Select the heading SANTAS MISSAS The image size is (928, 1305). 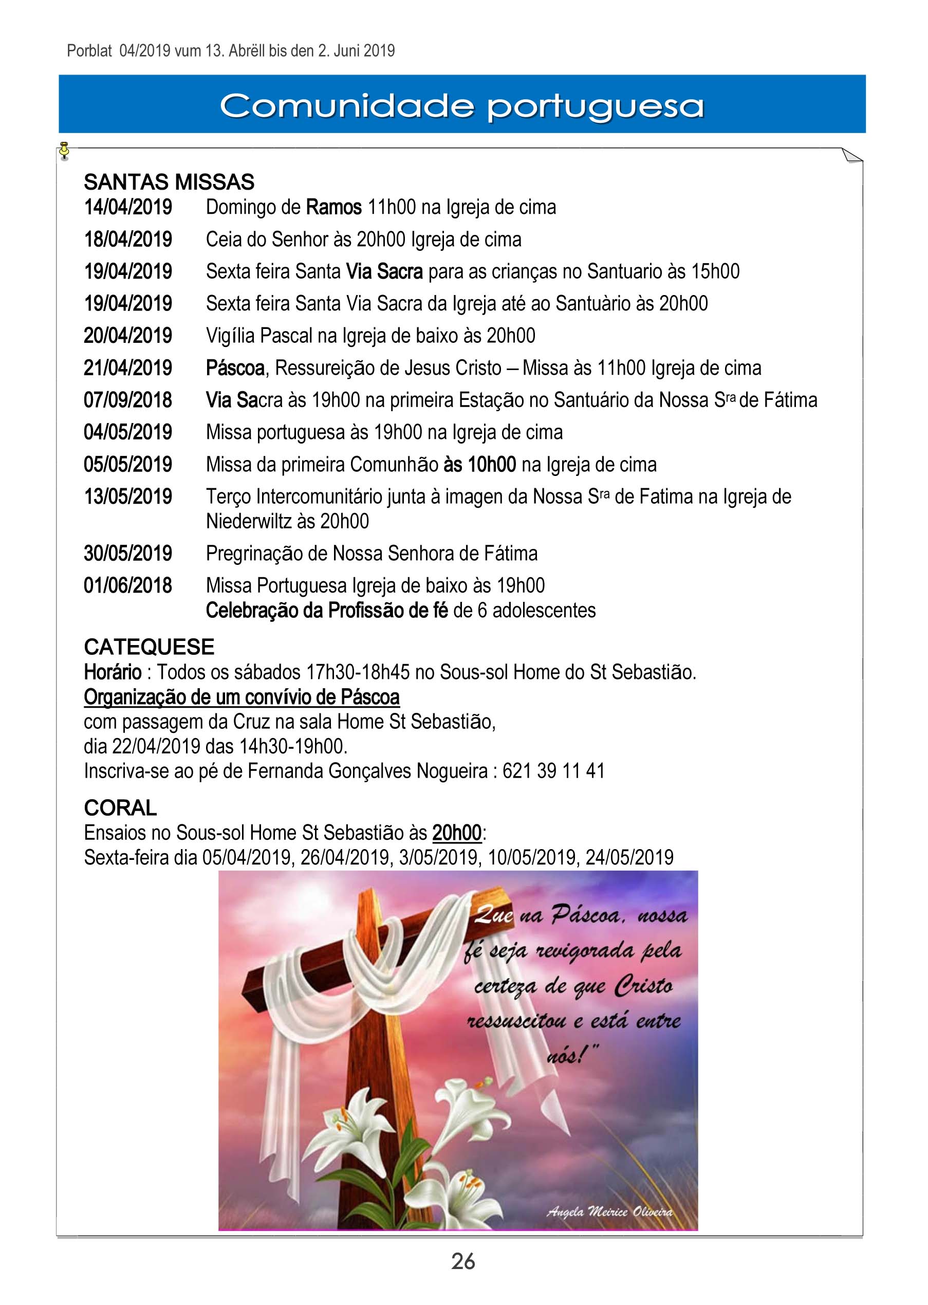[x=169, y=182]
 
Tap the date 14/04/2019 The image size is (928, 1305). [x=128, y=207]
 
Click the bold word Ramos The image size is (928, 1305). [x=333, y=207]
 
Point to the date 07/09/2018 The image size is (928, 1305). [x=128, y=400]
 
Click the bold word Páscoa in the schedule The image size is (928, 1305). [x=235, y=368]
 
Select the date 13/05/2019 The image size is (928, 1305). [x=128, y=497]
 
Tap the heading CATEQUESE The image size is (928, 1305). [x=149, y=647]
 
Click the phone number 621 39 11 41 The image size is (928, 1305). [x=553, y=771]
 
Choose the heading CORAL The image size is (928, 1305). [x=120, y=807]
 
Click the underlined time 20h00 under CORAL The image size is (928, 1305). [x=457, y=833]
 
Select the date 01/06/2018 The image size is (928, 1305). [x=128, y=586]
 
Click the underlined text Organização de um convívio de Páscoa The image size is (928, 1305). [x=242, y=697]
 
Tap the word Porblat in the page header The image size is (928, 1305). [x=89, y=51]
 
